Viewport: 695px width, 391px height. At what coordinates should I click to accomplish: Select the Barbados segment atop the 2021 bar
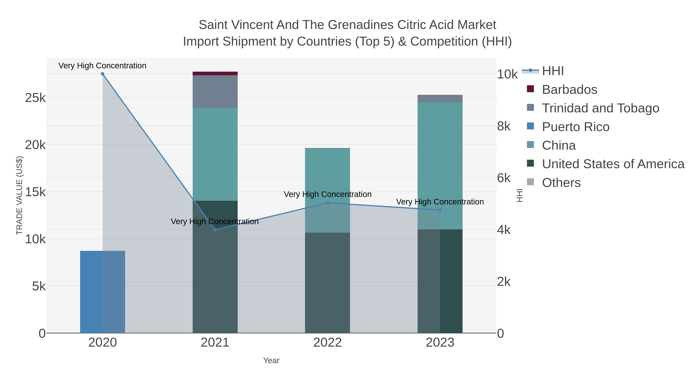(215, 73)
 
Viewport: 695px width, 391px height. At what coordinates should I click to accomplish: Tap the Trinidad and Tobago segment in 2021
(215, 92)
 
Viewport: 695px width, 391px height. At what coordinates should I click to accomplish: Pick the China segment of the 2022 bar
(327, 175)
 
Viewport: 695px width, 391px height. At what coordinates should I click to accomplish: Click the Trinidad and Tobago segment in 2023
(440, 98)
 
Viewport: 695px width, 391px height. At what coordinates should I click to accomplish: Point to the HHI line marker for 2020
(103, 74)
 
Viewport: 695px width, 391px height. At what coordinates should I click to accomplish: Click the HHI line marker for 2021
(215, 230)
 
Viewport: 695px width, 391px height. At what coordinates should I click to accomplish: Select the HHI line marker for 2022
(327, 203)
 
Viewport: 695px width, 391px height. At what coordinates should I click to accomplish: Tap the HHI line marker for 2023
(440, 210)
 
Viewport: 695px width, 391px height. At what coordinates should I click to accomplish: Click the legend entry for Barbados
(569, 90)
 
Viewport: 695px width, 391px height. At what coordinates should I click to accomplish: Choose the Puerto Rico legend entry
(575, 127)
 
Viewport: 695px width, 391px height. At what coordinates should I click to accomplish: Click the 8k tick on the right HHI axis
(504, 126)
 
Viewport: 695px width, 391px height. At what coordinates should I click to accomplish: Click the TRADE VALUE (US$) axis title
(19, 195)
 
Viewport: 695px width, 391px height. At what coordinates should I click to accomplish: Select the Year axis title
(271, 360)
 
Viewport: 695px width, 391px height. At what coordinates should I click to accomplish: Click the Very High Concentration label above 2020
(102, 66)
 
